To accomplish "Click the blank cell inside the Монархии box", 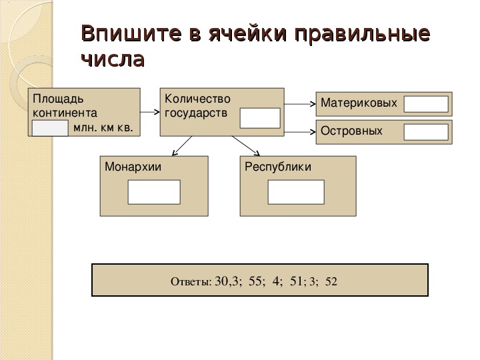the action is click(154, 192).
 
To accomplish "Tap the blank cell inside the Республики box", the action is click(296, 192).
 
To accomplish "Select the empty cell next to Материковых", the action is click(426, 104).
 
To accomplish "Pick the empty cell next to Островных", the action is click(426, 132).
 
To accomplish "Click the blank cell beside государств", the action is click(260, 118).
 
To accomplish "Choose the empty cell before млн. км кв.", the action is click(50, 128).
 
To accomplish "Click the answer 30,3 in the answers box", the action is click(226, 281).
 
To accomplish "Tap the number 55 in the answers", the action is click(255, 281).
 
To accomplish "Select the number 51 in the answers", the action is click(296, 281).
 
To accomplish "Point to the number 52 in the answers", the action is click(331, 281).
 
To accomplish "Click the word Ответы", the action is click(191, 281).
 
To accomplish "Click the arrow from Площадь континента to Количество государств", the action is click(150, 112).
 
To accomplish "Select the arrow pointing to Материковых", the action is click(300, 104).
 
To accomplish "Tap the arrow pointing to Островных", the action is click(300, 132).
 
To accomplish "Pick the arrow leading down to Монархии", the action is click(182, 146).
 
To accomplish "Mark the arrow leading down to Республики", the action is click(246, 146).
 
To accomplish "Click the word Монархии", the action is click(133, 167).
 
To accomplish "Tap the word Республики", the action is click(278, 167).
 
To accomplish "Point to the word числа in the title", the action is click(113, 59).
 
